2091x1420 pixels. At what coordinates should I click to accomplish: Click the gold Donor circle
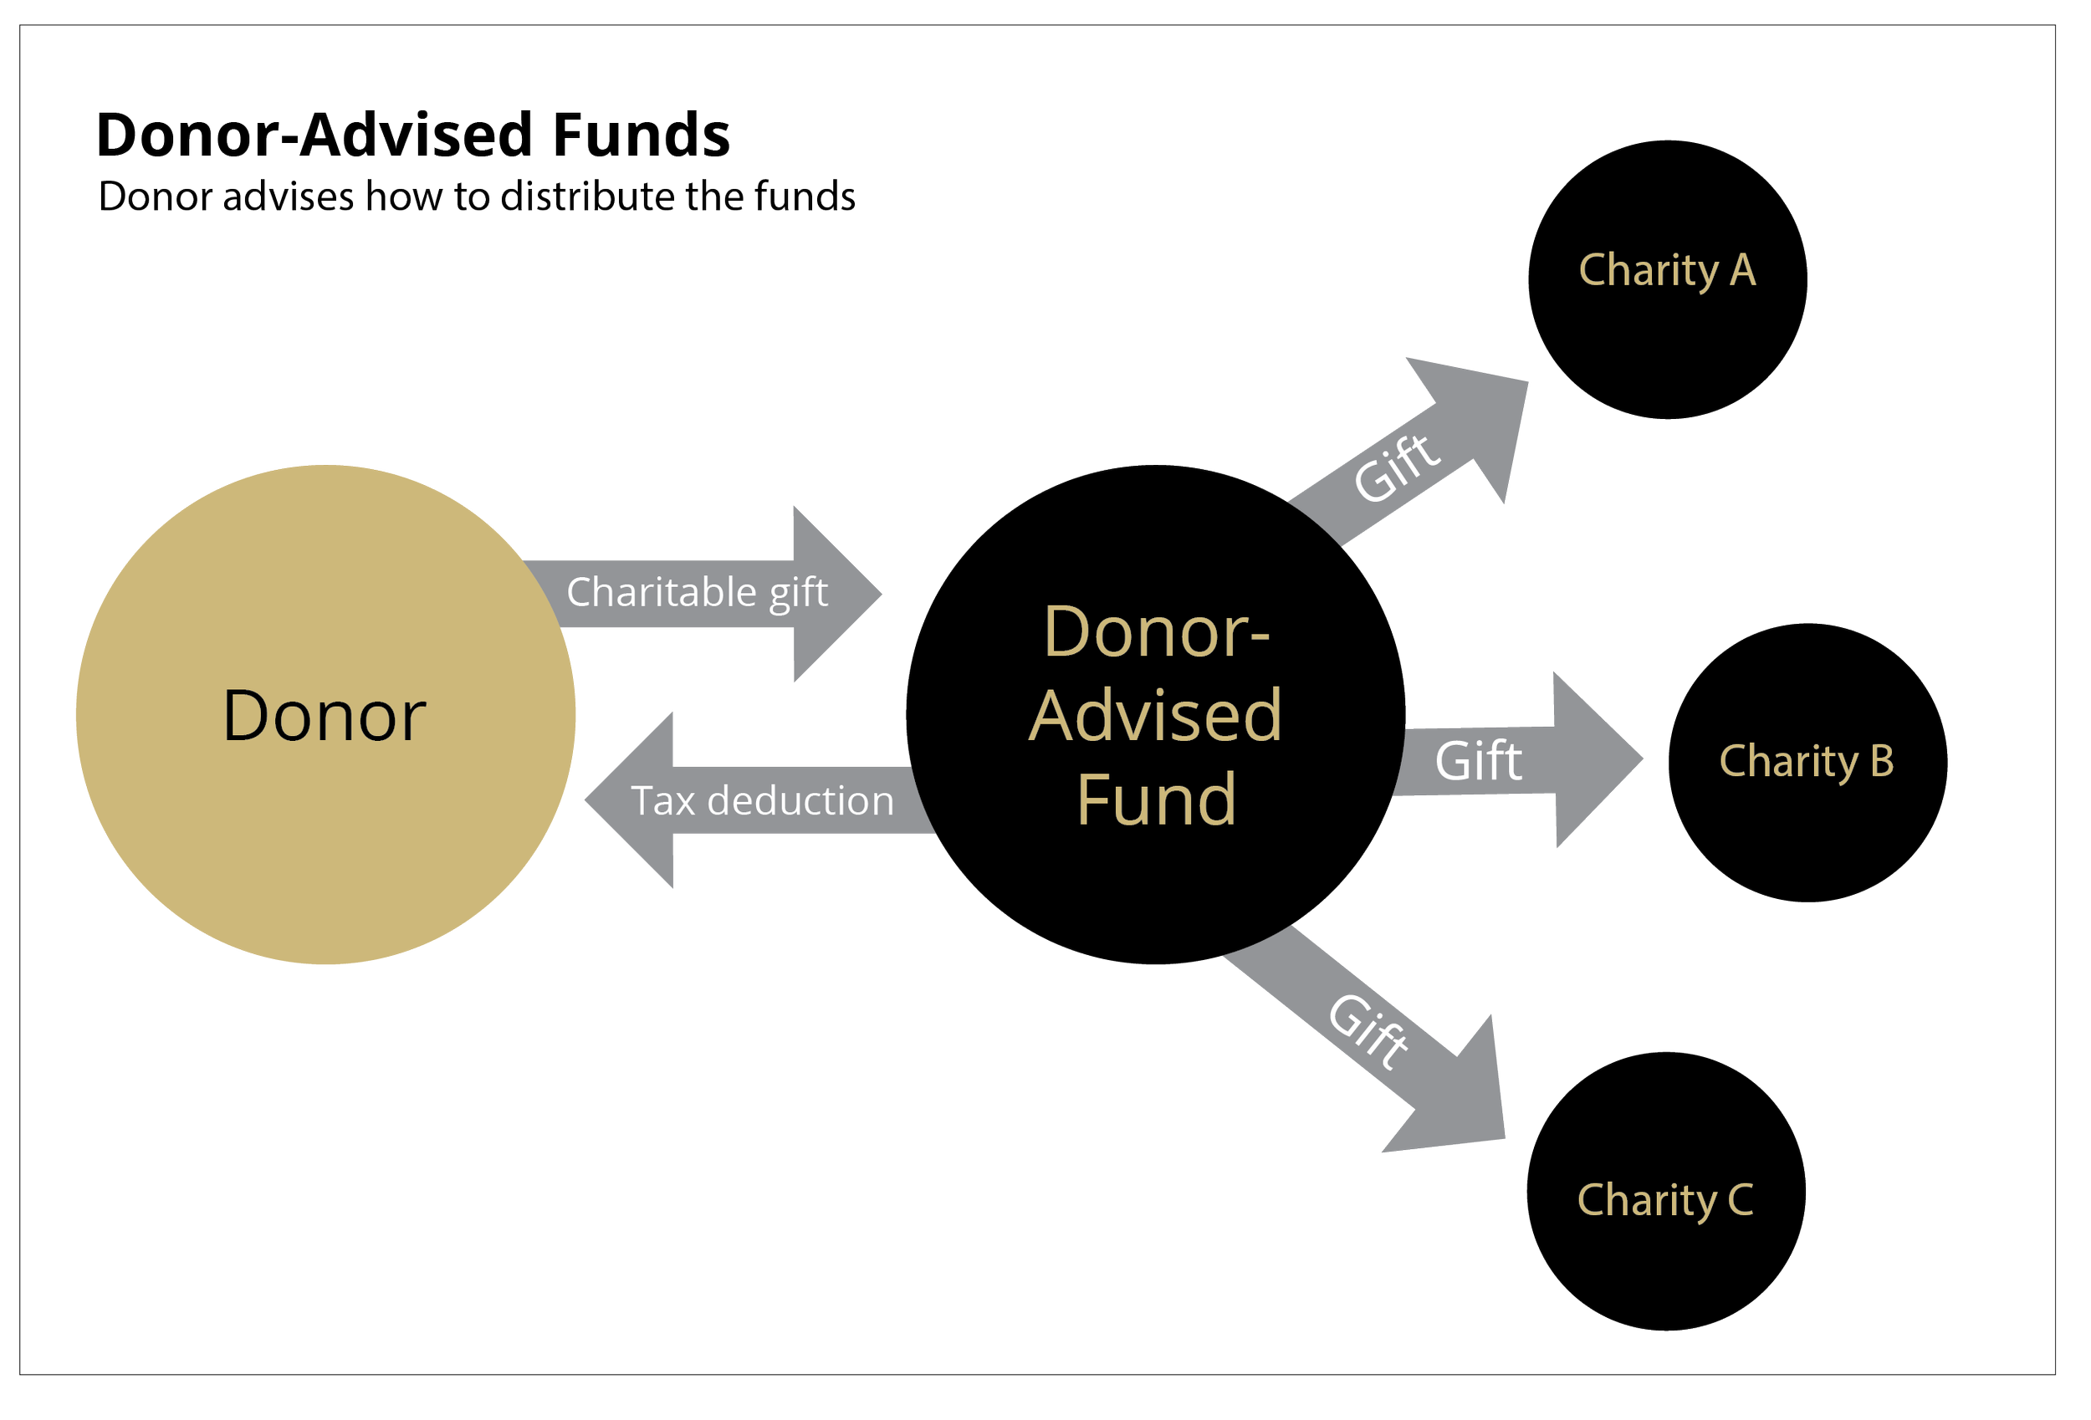[325, 714]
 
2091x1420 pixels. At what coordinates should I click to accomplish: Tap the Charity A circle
[1667, 279]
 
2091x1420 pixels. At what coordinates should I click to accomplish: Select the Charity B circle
[1807, 762]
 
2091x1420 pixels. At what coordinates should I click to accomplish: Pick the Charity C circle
[1665, 1192]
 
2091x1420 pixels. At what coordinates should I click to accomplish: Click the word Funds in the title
[641, 135]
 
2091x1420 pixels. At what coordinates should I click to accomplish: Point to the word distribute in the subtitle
[586, 197]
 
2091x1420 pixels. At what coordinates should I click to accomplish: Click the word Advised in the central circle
[1155, 715]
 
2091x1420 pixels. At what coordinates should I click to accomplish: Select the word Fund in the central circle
[1155, 799]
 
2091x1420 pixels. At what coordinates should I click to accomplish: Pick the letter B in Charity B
[1881, 760]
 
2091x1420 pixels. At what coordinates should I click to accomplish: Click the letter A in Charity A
[1743, 270]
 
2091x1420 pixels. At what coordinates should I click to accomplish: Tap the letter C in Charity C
[1740, 1199]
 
